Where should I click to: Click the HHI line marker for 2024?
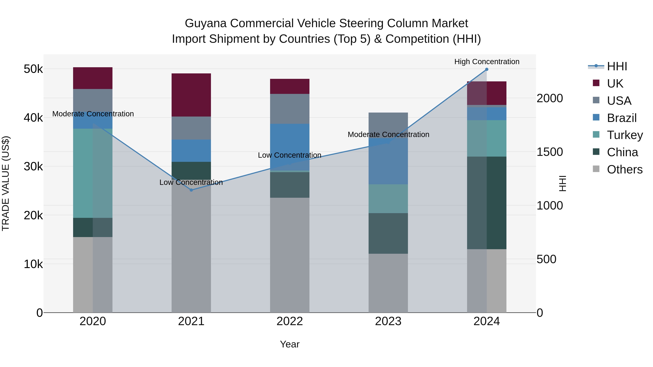click(486, 69)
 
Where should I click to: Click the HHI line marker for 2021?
click(191, 190)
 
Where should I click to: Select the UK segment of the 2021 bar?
click(191, 95)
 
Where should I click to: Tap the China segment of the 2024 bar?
click(486, 203)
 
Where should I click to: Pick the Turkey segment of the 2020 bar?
click(93, 173)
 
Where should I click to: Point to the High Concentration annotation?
click(486, 62)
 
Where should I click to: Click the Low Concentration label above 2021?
click(191, 182)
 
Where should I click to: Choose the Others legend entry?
click(625, 169)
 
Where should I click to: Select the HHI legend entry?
click(617, 66)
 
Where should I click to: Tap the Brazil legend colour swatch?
click(596, 117)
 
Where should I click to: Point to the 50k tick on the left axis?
click(33, 69)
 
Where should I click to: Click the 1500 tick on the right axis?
click(550, 152)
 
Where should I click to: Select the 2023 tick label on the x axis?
click(388, 321)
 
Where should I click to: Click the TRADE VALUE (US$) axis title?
click(6, 183)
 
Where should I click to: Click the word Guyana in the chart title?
click(205, 23)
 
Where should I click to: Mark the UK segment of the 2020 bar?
click(93, 78)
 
